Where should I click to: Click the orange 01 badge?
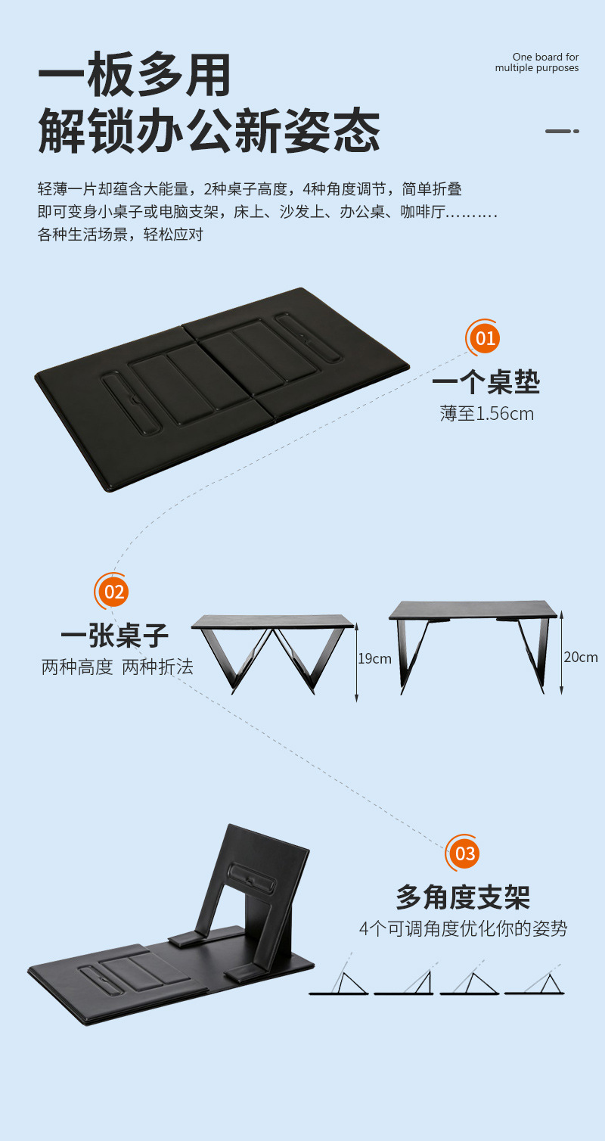485,337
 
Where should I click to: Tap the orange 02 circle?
113,591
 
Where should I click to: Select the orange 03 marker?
465,853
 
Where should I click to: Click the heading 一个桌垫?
486,383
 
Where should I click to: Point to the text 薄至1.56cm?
487,413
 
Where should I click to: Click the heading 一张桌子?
114,636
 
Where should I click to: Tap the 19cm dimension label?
375,658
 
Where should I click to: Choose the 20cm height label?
581,657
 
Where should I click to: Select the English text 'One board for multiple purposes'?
537,62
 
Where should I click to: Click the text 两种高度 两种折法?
117,667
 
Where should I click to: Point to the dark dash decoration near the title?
562,131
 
